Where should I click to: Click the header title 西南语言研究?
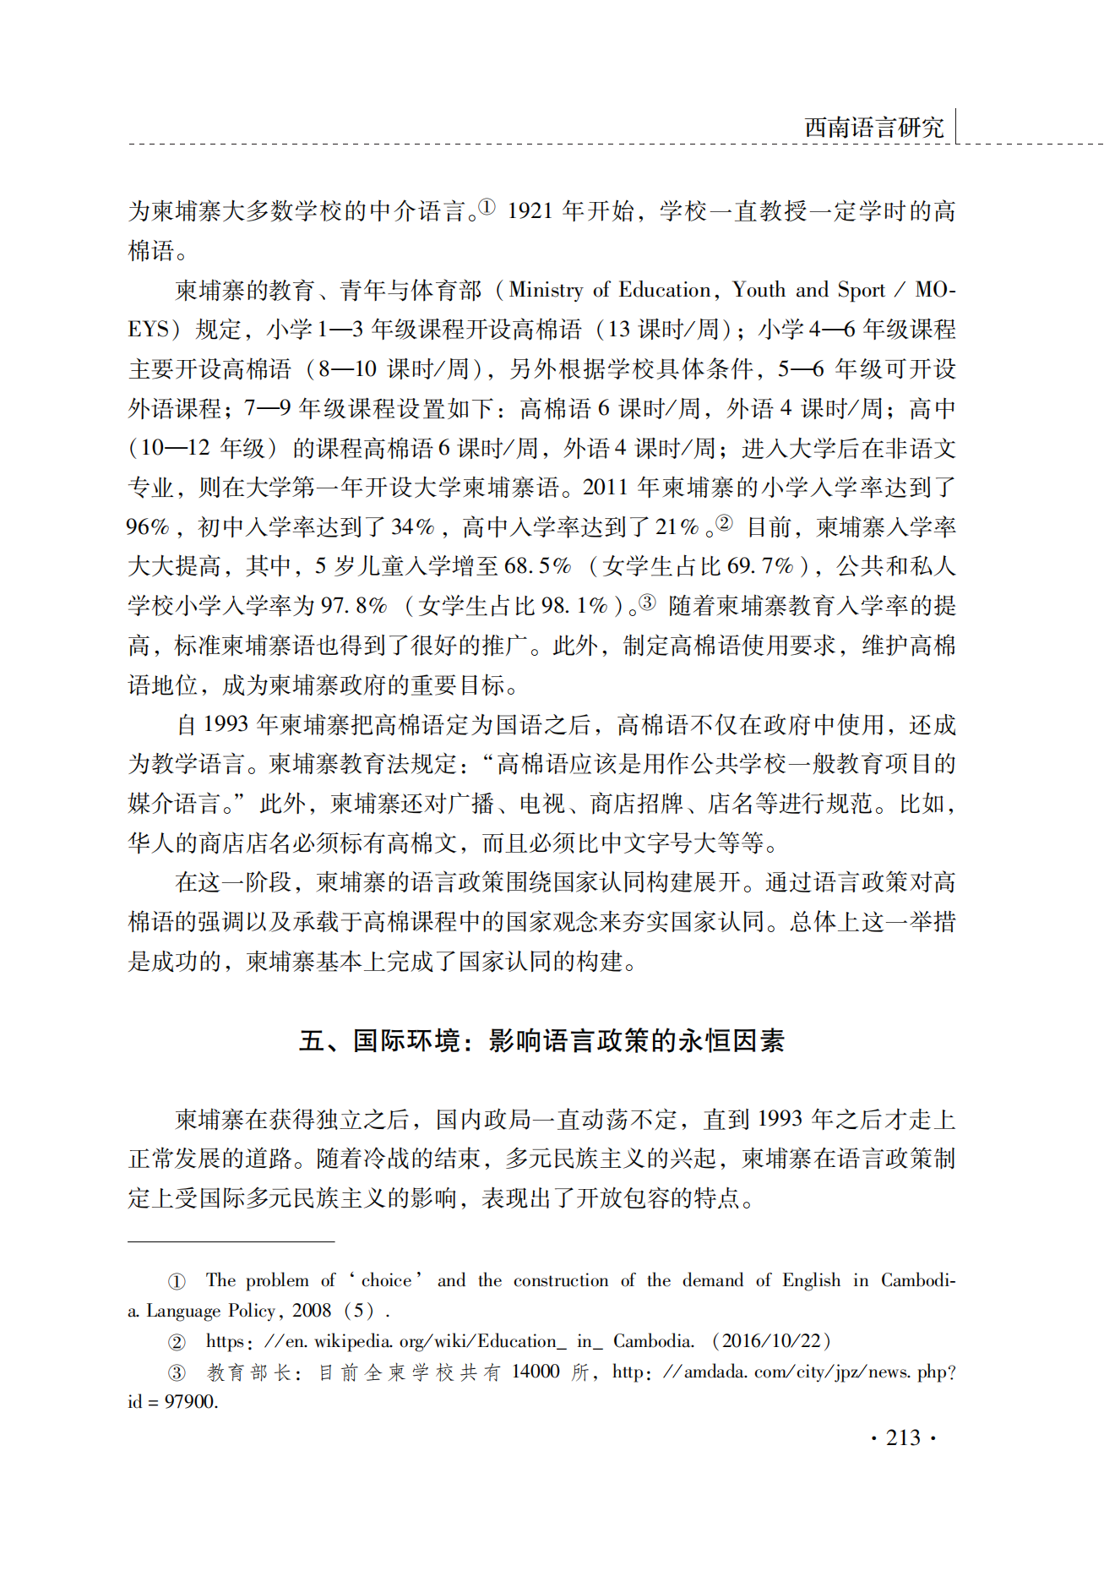pyautogui.click(x=873, y=128)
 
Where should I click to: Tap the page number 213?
pyautogui.click(x=903, y=1437)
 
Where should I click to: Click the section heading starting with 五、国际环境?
pyautogui.click(x=541, y=1040)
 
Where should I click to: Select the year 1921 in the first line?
pyautogui.click(x=530, y=210)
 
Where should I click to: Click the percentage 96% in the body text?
pyautogui.click(x=148, y=527)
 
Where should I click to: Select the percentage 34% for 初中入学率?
pyautogui.click(x=413, y=527)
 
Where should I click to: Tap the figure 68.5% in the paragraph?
pyautogui.click(x=537, y=566)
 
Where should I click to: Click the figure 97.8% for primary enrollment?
pyautogui.click(x=353, y=606)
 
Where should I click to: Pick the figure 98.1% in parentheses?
pyautogui.click(x=574, y=606)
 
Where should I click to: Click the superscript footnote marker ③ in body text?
pyautogui.click(x=647, y=602)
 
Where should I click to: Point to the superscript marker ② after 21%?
pyautogui.click(x=724, y=523)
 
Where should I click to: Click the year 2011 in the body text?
pyautogui.click(x=606, y=488)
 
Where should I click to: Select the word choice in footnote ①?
pyautogui.click(x=387, y=1280)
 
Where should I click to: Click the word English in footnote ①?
pyautogui.click(x=811, y=1280)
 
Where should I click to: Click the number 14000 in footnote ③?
pyautogui.click(x=535, y=1372)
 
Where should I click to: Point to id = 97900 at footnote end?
pyautogui.click(x=173, y=1402)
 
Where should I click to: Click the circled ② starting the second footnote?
pyautogui.click(x=177, y=1342)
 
